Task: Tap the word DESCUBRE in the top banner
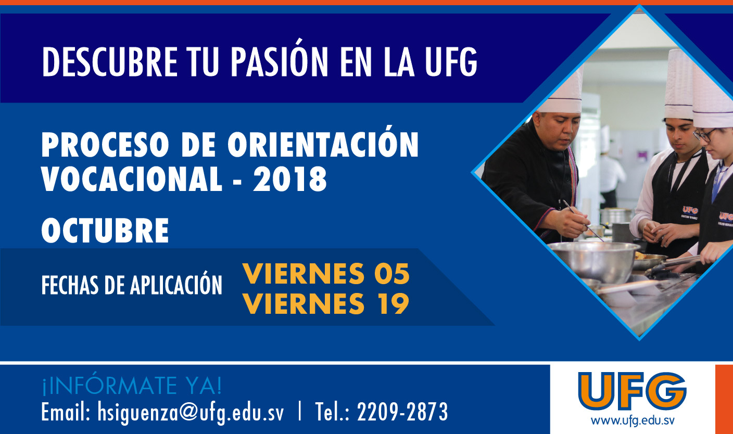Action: point(110,62)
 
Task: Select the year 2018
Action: point(290,179)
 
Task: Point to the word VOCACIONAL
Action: point(132,179)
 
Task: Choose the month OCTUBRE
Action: point(105,230)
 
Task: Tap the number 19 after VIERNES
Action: point(394,303)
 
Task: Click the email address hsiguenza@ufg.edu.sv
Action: point(191,412)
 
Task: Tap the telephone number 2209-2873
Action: point(402,412)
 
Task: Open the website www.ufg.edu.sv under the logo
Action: point(633,420)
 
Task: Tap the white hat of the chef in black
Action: point(562,90)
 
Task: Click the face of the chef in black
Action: point(557,130)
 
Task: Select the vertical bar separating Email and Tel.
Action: point(300,412)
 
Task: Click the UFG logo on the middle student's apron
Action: point(690,210)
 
